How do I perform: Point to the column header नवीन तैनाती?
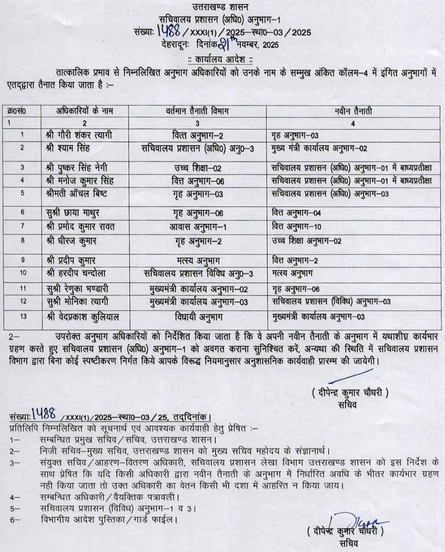tap(352, 112)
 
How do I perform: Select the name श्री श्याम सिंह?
tap(68, 148)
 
